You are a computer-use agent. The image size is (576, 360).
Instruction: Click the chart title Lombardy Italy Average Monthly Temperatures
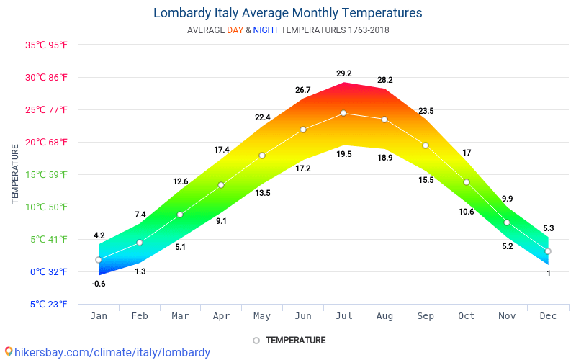tap(287, 13)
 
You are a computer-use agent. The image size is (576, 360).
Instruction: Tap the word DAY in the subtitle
tap(235, 30)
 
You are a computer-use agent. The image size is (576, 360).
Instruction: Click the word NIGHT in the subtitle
tap(266, 30)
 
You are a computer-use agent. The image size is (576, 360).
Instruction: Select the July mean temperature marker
tap(343, 113)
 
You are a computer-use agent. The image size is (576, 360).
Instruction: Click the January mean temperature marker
tap(99, 260)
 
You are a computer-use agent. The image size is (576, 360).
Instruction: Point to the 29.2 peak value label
tap(343, 73)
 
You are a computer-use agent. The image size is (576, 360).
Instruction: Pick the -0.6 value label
tap(99, 284)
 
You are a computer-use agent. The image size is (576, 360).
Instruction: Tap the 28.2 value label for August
tap(384, 80)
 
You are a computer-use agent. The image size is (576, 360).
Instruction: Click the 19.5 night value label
tap(343, 154)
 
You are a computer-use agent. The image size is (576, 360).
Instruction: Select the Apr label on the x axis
tap(221, 316)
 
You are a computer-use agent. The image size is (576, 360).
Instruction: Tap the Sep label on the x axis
tap(426, 316)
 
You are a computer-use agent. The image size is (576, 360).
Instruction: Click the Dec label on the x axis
tap(548, 316)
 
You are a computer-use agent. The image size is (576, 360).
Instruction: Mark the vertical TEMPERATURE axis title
tap(15, 174)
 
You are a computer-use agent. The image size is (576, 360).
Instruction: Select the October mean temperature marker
tap(467, 182)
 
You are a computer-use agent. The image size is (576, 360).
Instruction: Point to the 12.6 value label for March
tap(180, 181)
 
